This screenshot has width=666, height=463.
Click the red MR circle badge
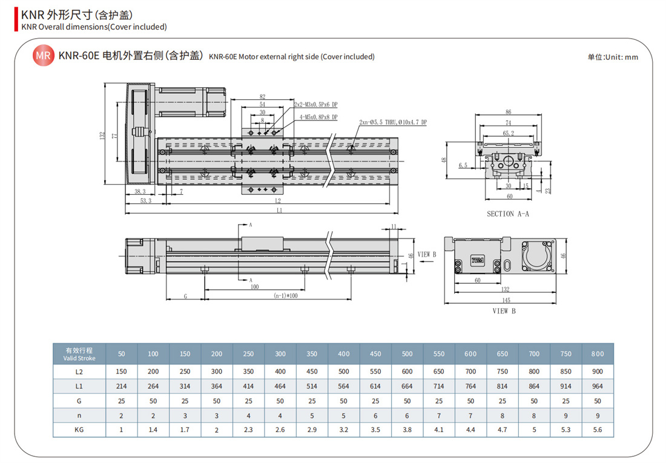44,56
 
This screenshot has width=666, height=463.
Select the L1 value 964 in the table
597,386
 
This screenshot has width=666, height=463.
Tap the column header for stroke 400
344,354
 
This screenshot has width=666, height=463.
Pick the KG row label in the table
79,430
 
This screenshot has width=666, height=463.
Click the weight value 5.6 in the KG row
597,430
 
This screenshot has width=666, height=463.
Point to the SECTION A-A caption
508,214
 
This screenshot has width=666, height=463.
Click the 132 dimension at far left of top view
102,136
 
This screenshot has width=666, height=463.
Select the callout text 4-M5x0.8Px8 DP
318,117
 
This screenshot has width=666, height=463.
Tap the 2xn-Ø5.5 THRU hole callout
393,122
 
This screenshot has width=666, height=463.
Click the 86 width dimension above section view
509,112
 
